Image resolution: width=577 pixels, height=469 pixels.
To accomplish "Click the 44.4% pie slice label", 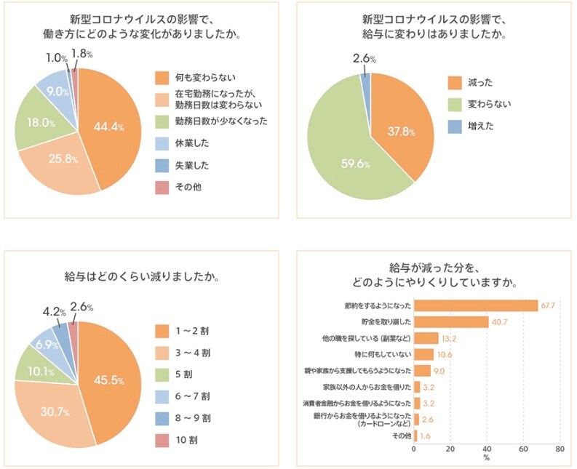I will (x=108, y=127).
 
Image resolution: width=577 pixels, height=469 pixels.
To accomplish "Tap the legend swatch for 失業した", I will (x=162, y=165).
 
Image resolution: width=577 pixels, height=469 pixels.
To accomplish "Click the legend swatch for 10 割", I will (x=162, y=440).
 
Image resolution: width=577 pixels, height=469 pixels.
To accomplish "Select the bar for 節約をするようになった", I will (x=475, y=305).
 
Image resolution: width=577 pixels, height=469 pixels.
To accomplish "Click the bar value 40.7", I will (x=498, y=321).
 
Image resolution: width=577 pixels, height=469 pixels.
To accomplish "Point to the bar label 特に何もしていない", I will (x=383, y=354).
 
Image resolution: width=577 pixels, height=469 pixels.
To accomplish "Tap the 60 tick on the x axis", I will (x=522, y=449).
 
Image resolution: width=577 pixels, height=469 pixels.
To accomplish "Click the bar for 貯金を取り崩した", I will (x=450, y=321).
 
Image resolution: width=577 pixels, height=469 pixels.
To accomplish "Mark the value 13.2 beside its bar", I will (x=449, y=338).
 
